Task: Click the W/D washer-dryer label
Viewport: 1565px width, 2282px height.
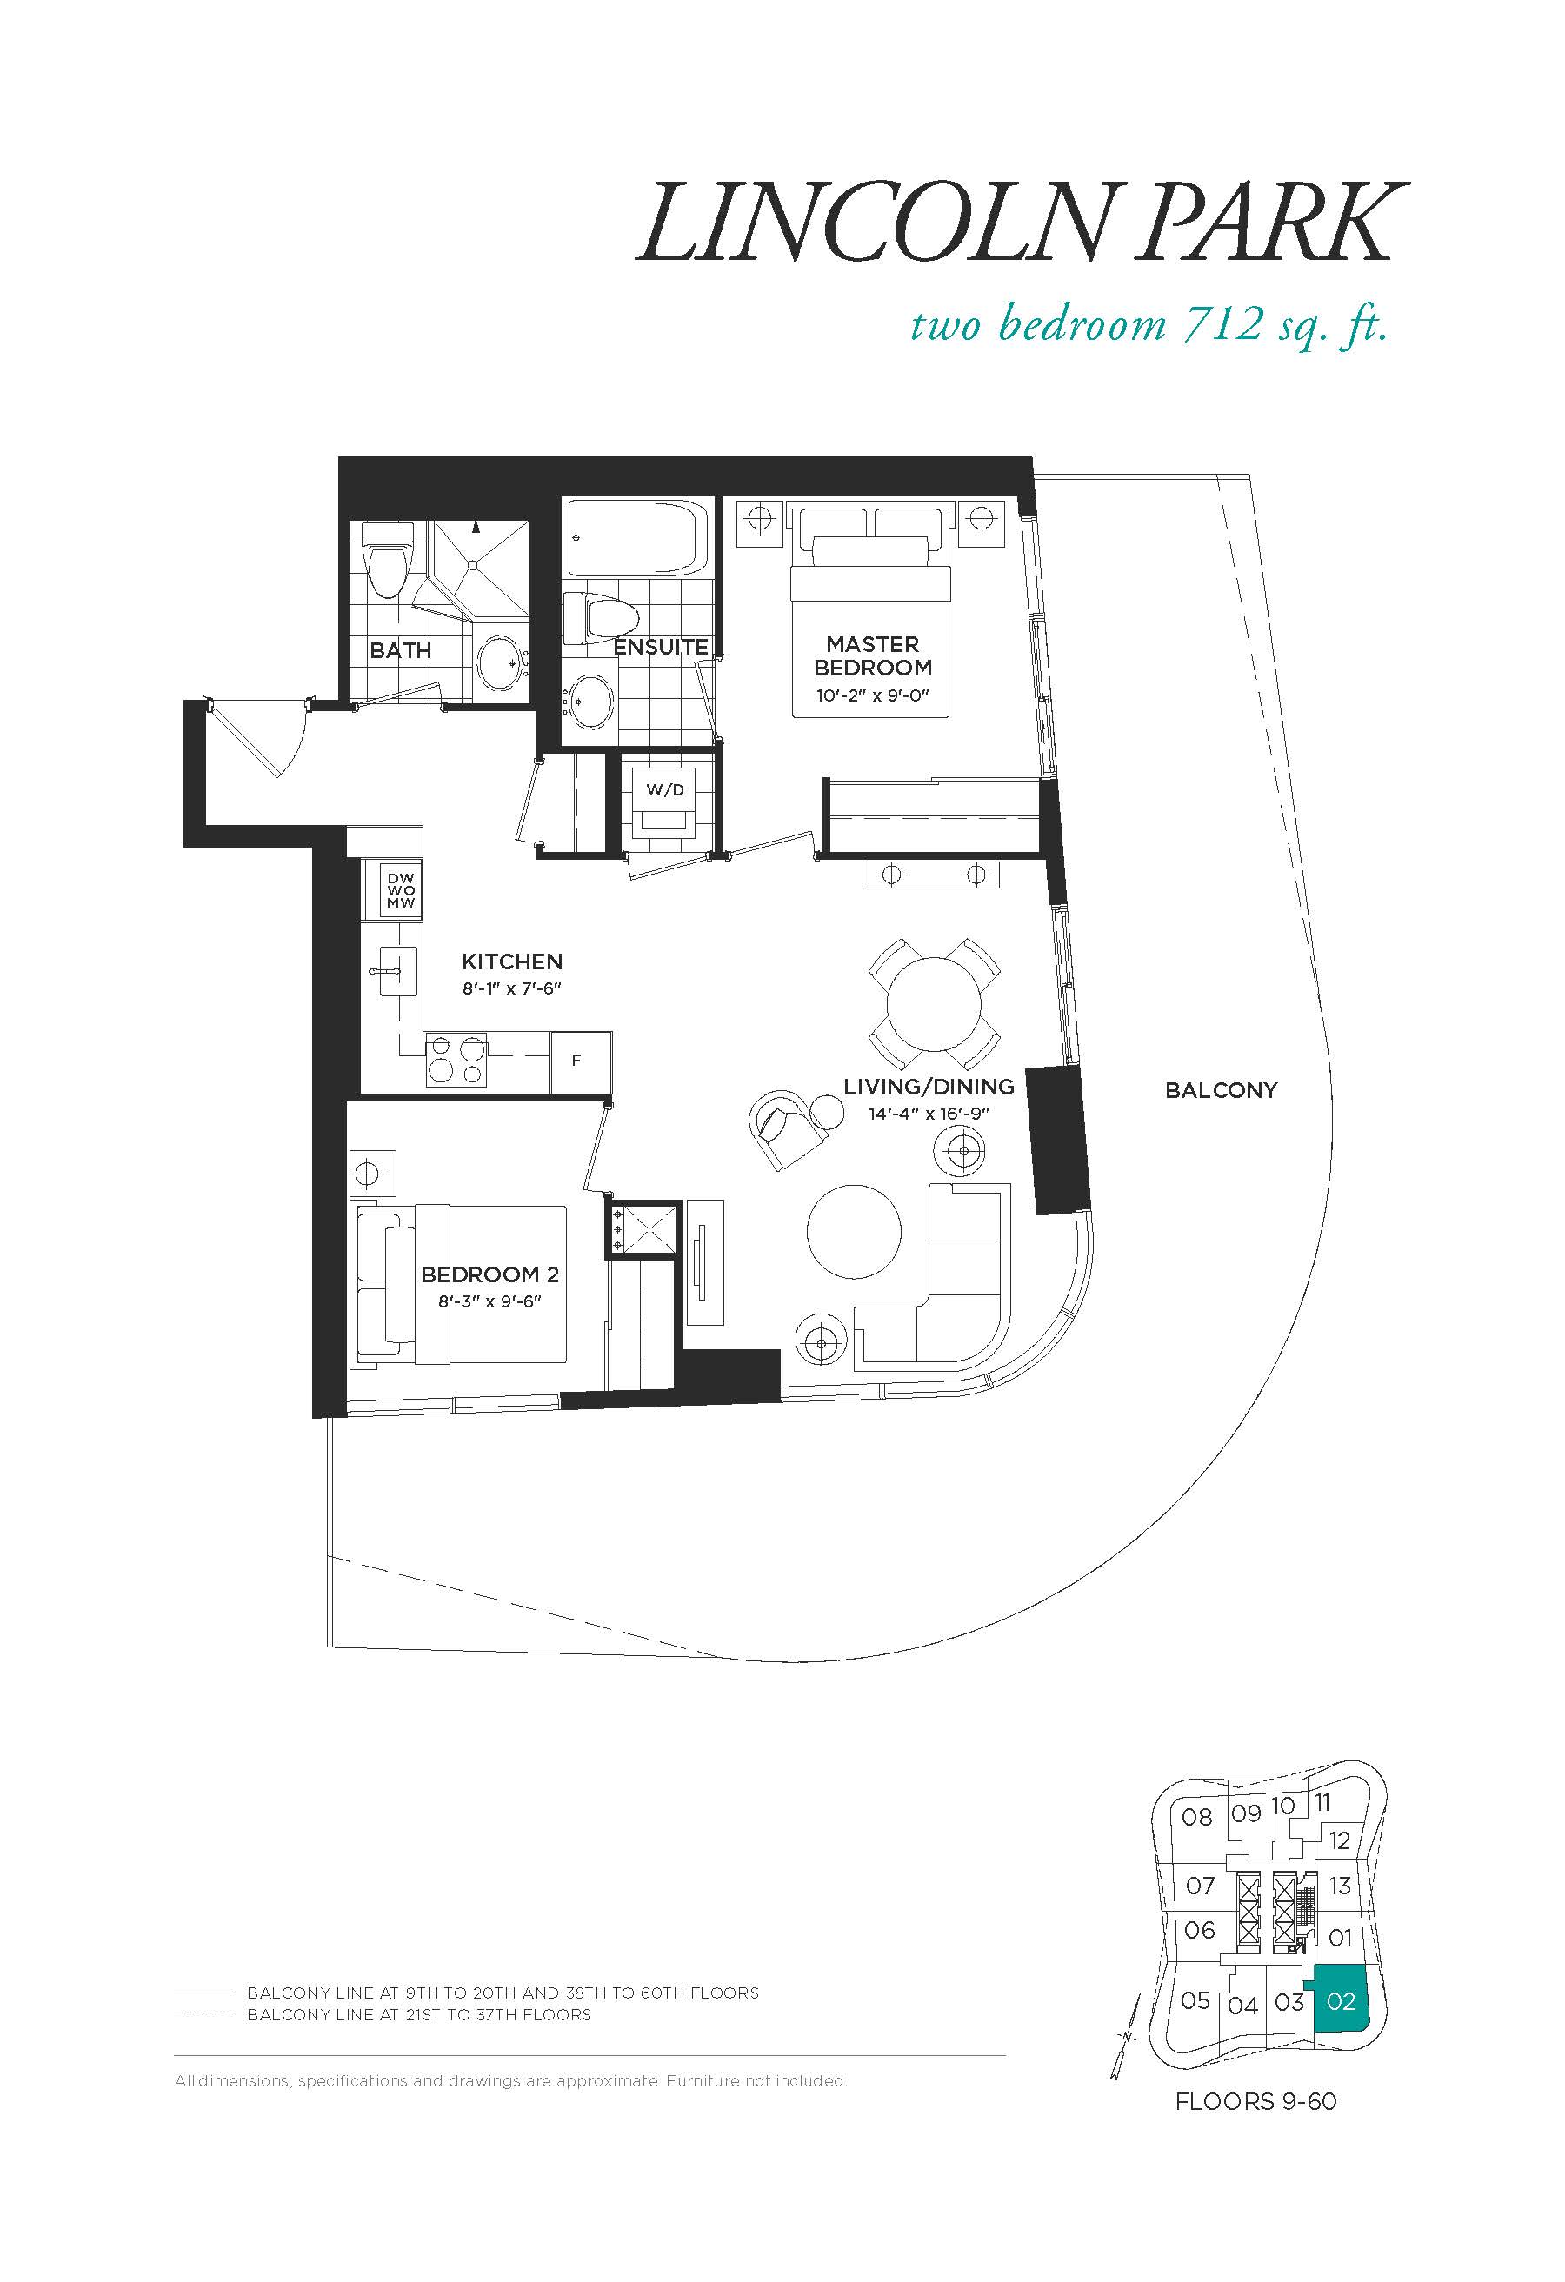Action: (664, 789)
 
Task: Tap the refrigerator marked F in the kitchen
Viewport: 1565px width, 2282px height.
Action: (579, 1061)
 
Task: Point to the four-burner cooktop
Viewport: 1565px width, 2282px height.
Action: (456, 1061)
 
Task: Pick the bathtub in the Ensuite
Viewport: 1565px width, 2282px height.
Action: (634, 537)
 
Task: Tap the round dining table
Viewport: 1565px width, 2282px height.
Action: (934, 1004)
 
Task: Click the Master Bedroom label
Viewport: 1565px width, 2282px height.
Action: (873, 656)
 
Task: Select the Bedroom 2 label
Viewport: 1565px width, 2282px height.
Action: (489, 1274)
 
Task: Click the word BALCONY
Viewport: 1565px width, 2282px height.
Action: (1222, 1090)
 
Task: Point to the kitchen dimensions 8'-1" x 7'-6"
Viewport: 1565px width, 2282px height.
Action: (511, 988)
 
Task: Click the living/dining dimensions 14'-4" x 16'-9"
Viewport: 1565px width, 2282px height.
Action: (929, 1114)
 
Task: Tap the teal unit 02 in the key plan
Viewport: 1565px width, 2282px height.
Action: (1342, 2001)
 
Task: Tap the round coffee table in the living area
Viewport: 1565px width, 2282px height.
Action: (854, 1233)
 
